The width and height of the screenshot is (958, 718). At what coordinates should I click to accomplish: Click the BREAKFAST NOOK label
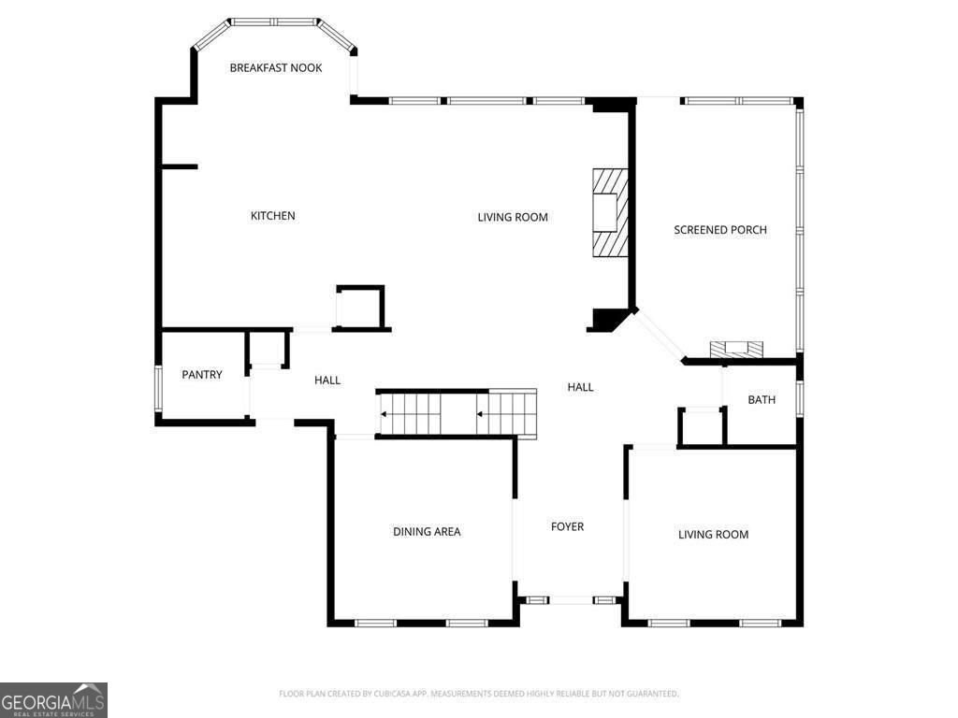coord(276,67)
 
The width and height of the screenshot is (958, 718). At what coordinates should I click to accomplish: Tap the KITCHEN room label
coord(272,216)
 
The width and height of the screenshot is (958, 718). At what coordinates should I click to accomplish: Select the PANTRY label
coord(202,375)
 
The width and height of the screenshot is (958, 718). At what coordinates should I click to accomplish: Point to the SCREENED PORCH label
coord(719,230)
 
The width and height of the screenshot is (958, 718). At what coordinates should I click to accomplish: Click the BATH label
coord(762,400)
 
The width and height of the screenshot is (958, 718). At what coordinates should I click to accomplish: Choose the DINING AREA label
coord(427,532)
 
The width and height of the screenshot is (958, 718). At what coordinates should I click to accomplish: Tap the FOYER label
coord(567,527)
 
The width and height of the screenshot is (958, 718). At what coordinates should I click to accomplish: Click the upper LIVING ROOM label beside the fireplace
coord(513,218)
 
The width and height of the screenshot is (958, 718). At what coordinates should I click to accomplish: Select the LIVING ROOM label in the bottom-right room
coord(713,535)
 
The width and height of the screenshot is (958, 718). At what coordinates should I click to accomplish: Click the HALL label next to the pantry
coord(327,381)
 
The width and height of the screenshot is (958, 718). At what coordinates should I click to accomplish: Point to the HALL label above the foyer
coord(580,387)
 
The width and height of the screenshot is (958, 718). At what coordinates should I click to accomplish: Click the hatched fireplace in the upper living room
coord(609,212)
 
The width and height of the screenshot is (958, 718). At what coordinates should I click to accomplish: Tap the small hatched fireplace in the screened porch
coord(736,350)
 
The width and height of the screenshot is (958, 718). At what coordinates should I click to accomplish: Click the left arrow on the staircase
coord(385,414)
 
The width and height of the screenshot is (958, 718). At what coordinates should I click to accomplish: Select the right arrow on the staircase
coord(480,414)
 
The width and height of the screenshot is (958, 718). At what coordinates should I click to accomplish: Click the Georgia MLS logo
coord(53,699)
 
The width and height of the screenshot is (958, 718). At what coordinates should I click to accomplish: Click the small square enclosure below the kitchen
coord(360,308)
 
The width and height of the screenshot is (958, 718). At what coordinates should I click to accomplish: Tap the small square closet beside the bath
coord(701,426)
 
